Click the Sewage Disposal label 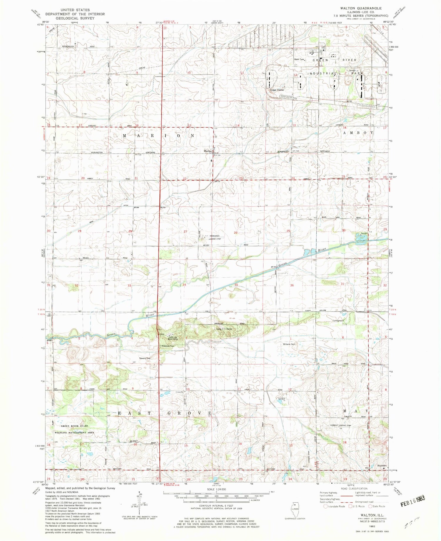click(277, 90)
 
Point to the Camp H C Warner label click(224, 329)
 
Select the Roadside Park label click(168, 346)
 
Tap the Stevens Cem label click(145, 358)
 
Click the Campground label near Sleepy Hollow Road click(338, 320)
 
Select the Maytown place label click(382, 466)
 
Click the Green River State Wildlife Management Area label click(74, 429)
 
